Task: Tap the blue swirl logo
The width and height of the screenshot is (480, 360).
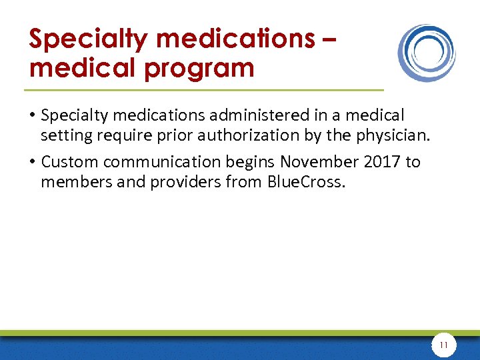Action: click(x=427, y=53)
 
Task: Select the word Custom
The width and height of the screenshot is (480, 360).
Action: click(x=68, y=163)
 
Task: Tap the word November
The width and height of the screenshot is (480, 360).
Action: click(x=316, y=163)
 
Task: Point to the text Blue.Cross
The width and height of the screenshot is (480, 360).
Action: click(x=305, y=182)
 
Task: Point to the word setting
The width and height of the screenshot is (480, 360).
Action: click(x=63, y=135)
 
